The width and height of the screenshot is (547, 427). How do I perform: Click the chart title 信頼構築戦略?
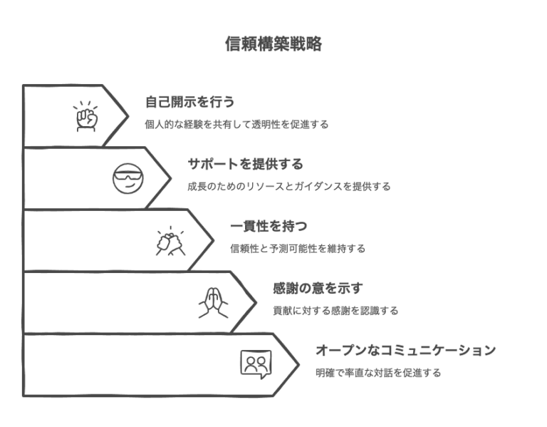273,44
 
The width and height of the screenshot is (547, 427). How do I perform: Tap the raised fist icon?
86,116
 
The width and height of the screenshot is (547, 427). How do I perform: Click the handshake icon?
171,240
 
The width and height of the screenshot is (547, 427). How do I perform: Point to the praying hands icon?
212,302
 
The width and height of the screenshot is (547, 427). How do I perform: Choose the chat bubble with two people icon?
255,364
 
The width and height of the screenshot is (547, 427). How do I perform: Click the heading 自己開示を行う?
189,101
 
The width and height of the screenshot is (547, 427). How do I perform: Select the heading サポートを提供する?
246,164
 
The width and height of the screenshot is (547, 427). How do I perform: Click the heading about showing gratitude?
318,289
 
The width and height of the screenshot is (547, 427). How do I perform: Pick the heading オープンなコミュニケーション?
405,351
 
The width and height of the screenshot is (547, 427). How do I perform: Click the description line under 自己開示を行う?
236,124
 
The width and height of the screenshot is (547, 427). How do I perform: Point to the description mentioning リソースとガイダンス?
289,187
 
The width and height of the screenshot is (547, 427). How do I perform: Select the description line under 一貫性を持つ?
298,249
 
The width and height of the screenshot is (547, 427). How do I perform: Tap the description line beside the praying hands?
335,312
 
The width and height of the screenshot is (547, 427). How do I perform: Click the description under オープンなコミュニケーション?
378,373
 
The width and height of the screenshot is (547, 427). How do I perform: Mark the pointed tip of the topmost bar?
128,115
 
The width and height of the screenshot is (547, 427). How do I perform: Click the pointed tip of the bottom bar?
298,364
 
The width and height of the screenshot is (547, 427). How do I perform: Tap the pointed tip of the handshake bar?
214,240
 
